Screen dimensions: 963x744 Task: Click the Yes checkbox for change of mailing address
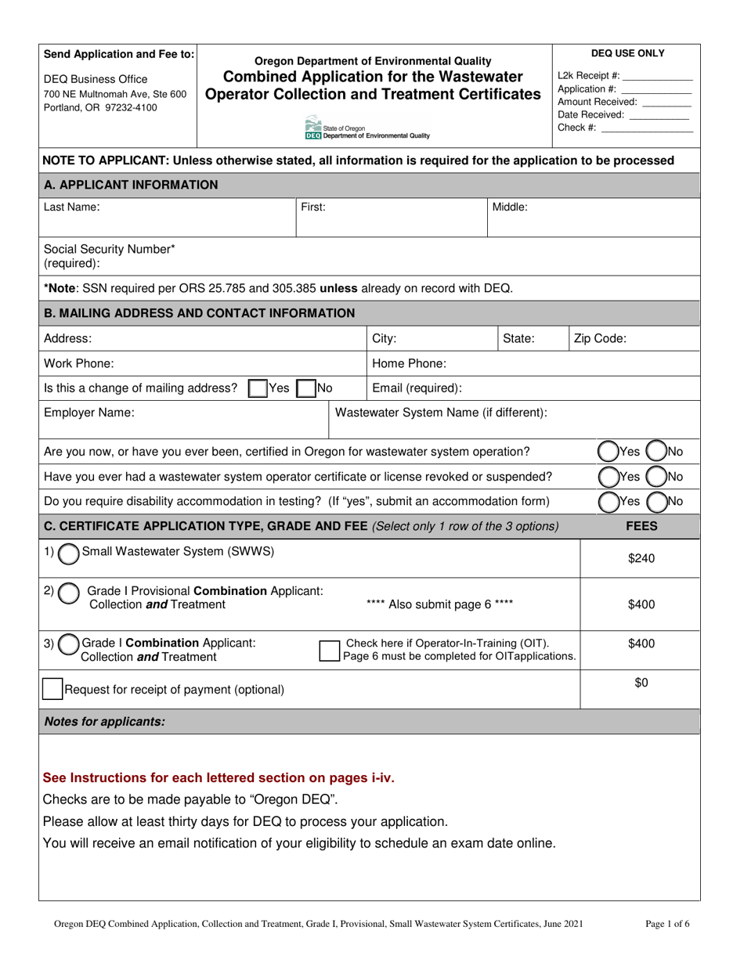click(257, 388)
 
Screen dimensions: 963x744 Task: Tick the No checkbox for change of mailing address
click(306, 388)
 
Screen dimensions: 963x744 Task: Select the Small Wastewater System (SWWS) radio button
click(70, 554)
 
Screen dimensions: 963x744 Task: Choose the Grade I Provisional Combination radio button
click(69, 594)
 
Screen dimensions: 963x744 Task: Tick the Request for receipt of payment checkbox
click(52, 689)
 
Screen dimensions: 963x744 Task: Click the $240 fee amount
click(641, 558)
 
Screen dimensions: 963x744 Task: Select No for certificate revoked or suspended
click(656, 477)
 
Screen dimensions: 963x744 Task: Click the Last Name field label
click(71, 207)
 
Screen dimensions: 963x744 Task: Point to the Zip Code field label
click(600, 339)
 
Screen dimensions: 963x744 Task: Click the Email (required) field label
click(417, 388)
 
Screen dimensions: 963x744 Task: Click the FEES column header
click(641, 526)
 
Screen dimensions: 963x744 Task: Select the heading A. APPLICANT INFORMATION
click(131, 185)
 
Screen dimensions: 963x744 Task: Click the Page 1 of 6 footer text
click(667, 924)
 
